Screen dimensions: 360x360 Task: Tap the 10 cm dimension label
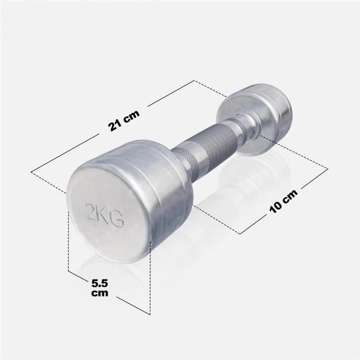click(284, 200)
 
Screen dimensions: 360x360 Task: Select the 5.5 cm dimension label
click(99, 288)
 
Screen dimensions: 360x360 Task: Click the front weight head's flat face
click(107, 209)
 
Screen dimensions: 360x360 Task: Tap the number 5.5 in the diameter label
click(100, 283)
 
